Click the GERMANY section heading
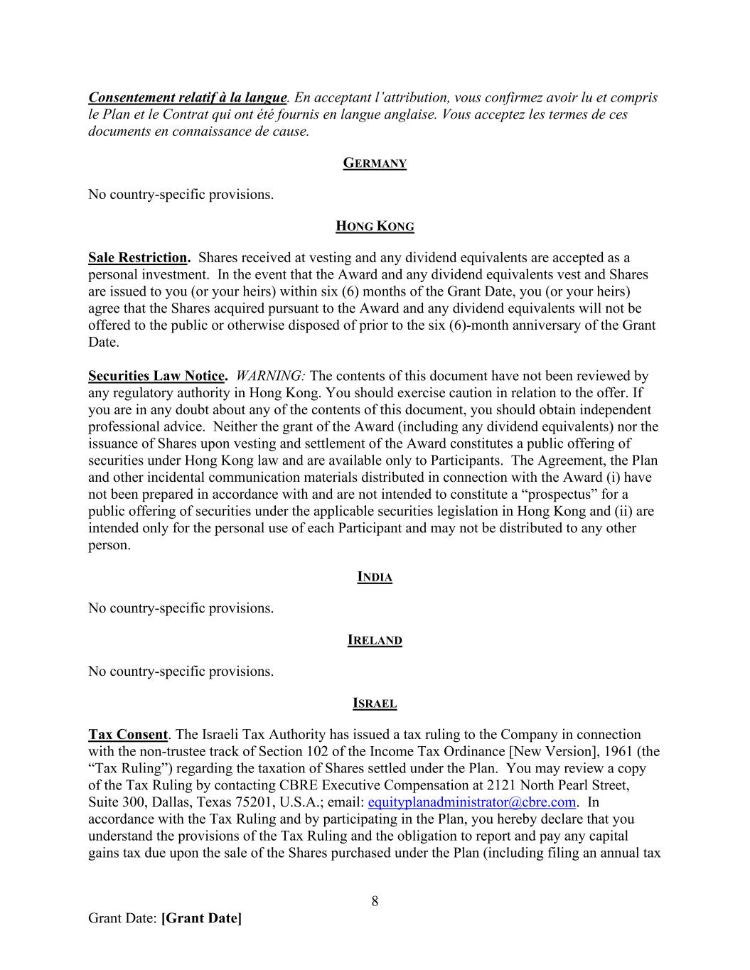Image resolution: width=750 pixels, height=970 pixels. point(375,163)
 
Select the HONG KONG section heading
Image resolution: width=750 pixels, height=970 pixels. point(375,227)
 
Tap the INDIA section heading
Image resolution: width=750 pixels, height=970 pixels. point(375,577)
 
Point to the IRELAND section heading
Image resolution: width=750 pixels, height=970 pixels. point(375,640)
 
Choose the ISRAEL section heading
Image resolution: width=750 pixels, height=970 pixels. point(375,704)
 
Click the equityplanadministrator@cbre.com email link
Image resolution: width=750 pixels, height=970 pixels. point(472,802)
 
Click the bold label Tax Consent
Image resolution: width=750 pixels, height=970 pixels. point(128,734)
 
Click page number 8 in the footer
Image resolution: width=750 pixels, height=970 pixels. point(375,902)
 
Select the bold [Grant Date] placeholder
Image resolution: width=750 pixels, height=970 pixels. point(202,918)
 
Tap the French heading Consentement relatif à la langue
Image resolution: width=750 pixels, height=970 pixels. point(188,97)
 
